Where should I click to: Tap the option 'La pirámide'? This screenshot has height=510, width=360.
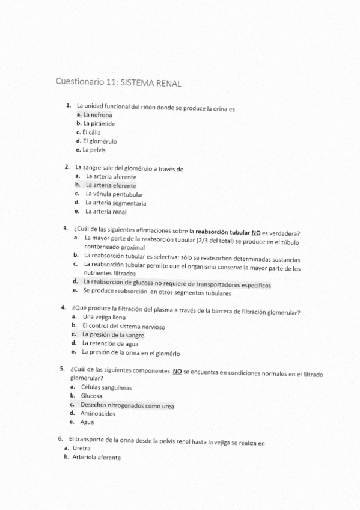click(x=99, y=123)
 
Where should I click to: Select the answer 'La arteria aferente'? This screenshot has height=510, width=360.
click(x=111, y=177)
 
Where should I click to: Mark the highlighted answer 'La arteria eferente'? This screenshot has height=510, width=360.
click(x=111, y=186)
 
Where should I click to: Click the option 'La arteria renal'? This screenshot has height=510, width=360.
click(x=106, y=212)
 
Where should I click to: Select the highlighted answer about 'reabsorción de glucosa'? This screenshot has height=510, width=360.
click(x=177, y=281)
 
